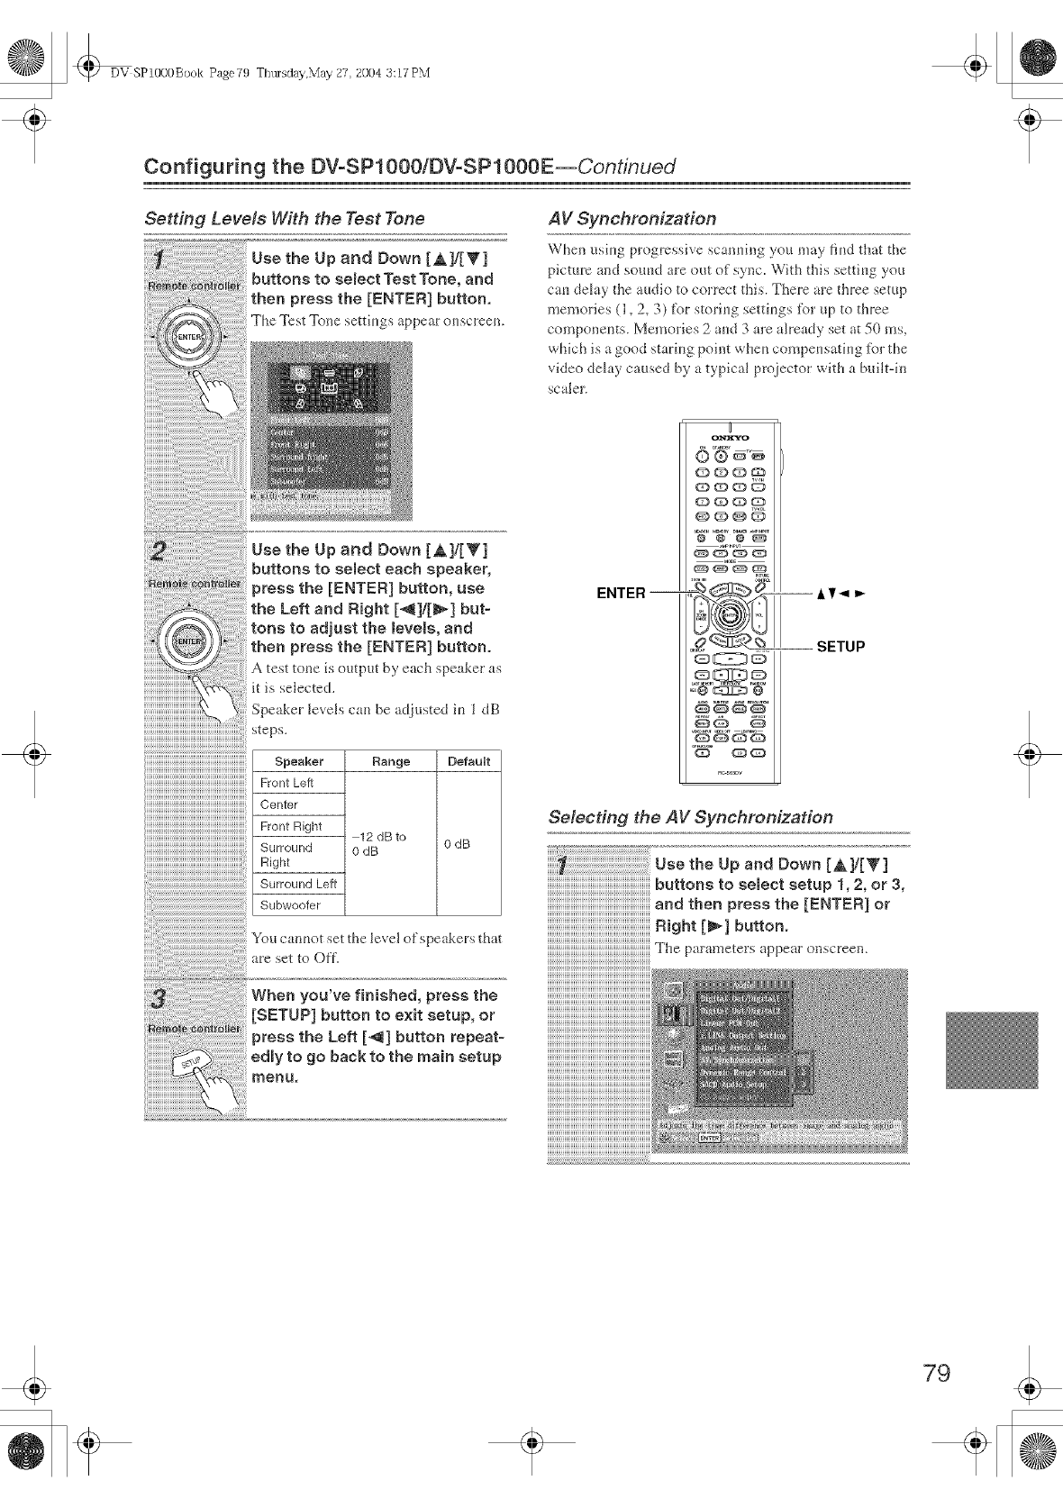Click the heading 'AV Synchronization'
(x=631, y=219)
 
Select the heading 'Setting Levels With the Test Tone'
(x=285, y=219)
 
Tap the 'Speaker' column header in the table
(x=298, y=761)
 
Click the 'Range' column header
(x=390, y=761)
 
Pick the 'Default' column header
(x=468, y=761)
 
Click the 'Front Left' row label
(x=286, y=783)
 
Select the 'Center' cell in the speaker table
(x=278, y=804)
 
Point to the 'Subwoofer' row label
(x=290, y=905)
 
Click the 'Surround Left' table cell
(x=298, y=884)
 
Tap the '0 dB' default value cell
(x=458, y=844)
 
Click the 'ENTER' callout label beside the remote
(x=622, y=593)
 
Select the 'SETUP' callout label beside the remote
(x=840, y=647)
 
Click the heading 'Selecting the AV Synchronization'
(x=690, y=818)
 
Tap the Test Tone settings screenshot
(x=331, y=431)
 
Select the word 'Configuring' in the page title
(x=198, y=168)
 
